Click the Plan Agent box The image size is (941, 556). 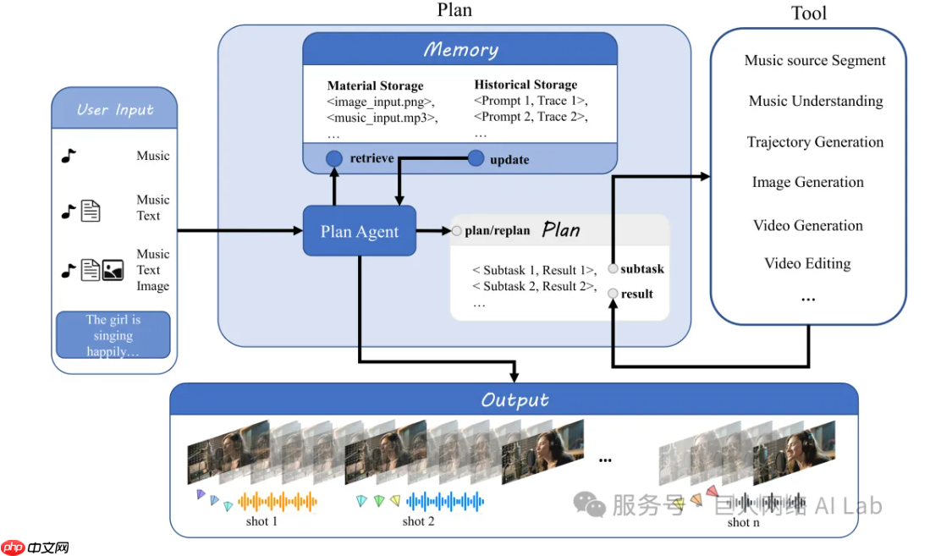pyautogui.click(x=360, y=231)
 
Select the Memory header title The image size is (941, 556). pyautogui.click(x=460, y=49)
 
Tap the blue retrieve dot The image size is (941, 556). pyautogui.click(x=334, y=158)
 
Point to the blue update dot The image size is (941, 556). pyautogui.click(x=476, y=158)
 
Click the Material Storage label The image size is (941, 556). pyautogui.click(x=375, y=85)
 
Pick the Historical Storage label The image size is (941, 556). pyautogui.click(x=526, y=85)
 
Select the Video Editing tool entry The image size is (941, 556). pyautogui.click(x=807, y=263)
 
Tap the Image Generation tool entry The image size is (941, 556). pyautogui.click(x=807, y=182)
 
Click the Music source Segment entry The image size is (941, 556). pyautogui.click(x=814, y=60)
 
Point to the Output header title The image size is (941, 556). pyautogui.click(x=515, y=399)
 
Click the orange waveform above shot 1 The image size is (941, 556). pyautogui.click(x=278, y=502)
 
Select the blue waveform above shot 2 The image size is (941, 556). pyautogui.click(x=445, y=502)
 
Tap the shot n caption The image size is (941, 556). pyautogui.click(x=742, y=522)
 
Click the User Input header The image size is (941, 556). pyautogui.click(x=114, y=109)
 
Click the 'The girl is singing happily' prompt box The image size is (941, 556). pyautogui.click(x=113, y=335)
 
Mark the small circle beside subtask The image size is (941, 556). pyautogui.click(x=613, y=269)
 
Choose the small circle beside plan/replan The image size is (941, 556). pyautogui.click(x=457, y=230)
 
